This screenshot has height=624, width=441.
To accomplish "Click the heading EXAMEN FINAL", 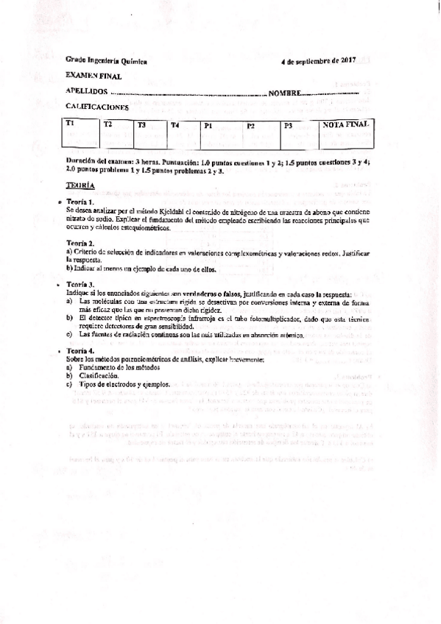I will [x=89, y=77].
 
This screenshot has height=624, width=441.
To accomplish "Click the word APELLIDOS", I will [x=87, y=93].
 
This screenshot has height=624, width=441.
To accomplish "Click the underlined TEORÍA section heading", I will [x=79, y=188].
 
